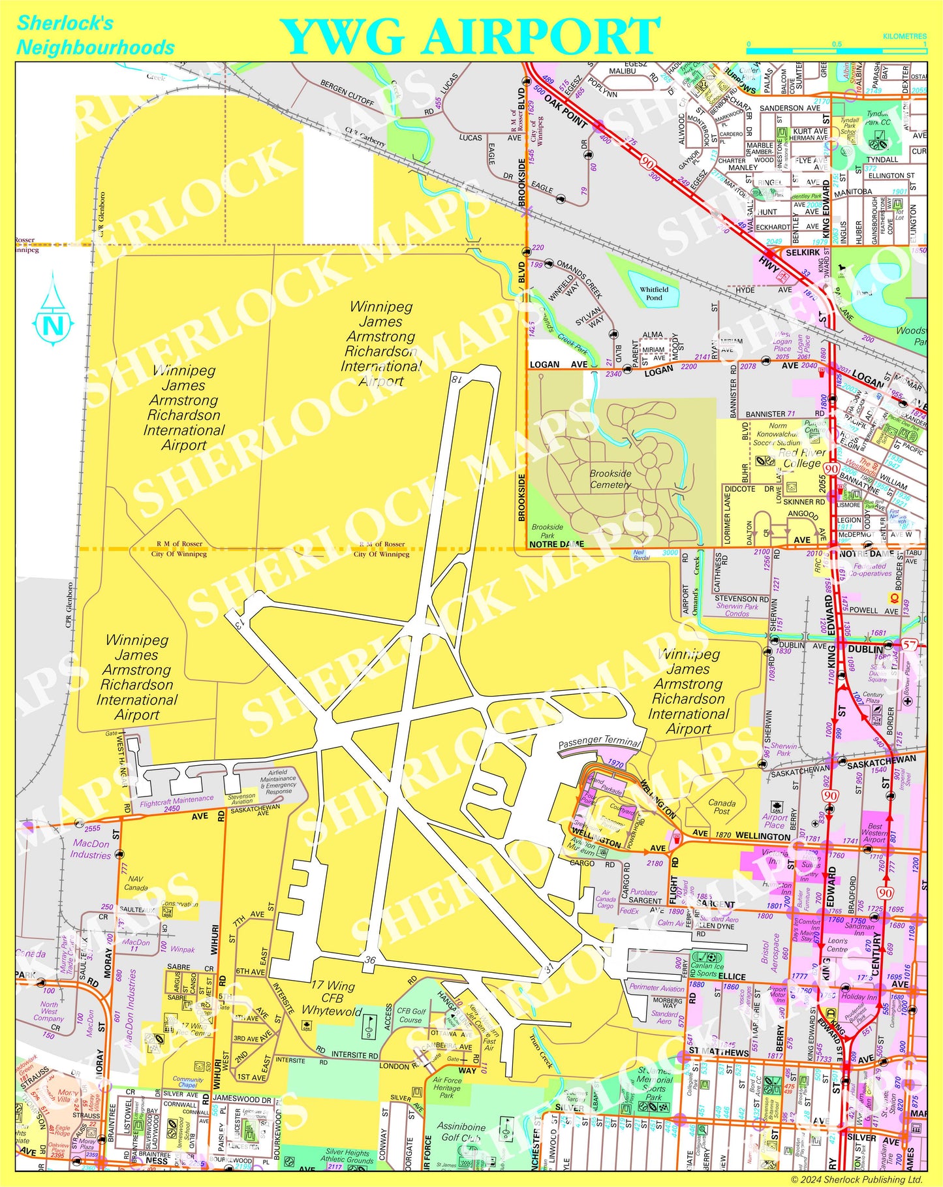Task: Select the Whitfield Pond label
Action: click(x=654, y=293)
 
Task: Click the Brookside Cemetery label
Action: click(x=610, y=479)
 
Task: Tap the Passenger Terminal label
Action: click(x=599, y=741)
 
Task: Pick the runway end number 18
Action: click(x=456, y=378)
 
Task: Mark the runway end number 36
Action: click(x=370, y=960)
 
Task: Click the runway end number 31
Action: click(x=549, y=968)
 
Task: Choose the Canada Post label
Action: click(x=722, y=807)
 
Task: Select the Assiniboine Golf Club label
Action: click(x=461, y=1132)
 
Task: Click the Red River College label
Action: click(x=801, y=458)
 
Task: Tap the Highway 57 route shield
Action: click(x=910, y=645)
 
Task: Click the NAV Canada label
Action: click(x=136, y=883)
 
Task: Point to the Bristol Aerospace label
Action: click(x=771, y=959)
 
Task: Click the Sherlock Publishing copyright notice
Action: click(x=857, y=1179)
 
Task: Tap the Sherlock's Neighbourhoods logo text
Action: click(x=95, y=35)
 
